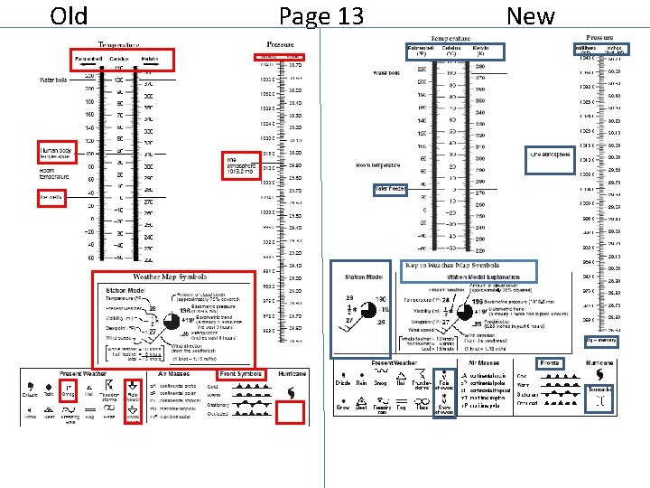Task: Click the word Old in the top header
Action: pyautogui.click(x=69, y=15)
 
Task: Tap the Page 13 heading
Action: pyautogui.click(x=321, y=16)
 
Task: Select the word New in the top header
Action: pyautogui.click(x=531, y=15)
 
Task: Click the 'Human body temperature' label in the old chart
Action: pyautogui.click(x=56, y=152)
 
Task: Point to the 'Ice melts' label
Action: pyautogui.click(x=49, y=196)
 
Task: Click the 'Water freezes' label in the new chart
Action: pyautogui.click(x=390, y=189)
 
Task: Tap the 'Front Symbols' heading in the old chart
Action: pyautogui.click(x=241, y=373)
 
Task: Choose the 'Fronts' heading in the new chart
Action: pyautogui.click(x=549, y=363)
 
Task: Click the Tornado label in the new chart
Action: pyautogui.click(x=600, y=389)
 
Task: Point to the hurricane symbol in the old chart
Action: pyautogui.click(x=292, y=391)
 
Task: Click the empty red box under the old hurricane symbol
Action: pyautogui.click(x=292, y=413)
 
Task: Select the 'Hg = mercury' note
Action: pyautogui.click(x=600, y=340)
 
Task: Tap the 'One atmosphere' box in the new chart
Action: pyautogui.click(x=551, y=155)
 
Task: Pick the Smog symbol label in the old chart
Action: pyautogui.click(x=68, y=394)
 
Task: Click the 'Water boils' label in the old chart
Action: pyautogui.click(x=54, y=80)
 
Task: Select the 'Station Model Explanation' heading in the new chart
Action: pyautogui.click(x=471, y=277)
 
